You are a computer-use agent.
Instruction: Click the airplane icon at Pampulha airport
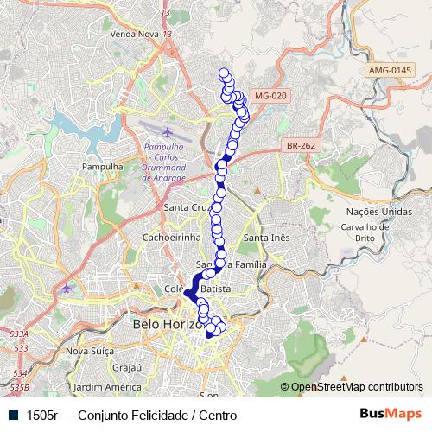pyautogui.click(x=167, y=134)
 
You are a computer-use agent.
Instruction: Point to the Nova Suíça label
pyautogui.click(x=90, y=352)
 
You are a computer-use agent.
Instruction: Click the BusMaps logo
pyautogui.click(x=391, y=414)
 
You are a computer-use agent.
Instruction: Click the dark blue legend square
pyautogui.click(x=13, y=415)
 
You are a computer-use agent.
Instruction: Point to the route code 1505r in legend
pyautogui.click(x=41, y=415)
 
